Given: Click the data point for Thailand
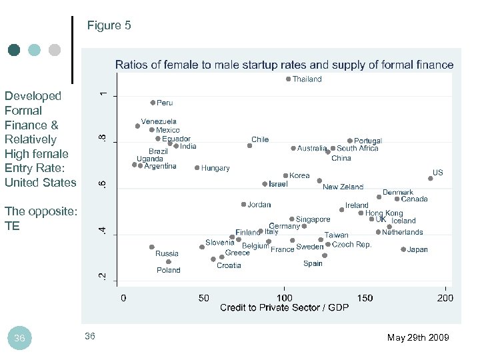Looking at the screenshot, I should click(288, 79).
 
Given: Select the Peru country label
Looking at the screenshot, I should click(165, 103).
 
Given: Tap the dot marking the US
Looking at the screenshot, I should click(431, 179).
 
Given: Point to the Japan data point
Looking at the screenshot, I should click(403, 249).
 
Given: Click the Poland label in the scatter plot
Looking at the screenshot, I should click(168, 270).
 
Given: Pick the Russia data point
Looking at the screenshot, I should click(152, 247).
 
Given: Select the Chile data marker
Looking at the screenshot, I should click(250, 145).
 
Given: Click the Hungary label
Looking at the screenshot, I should click(215, 169).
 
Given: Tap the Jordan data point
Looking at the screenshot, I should click(244, 205).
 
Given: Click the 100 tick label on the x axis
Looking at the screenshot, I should click(285, 298).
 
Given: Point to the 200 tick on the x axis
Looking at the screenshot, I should click(445, 298).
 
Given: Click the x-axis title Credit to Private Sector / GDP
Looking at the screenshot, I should click(284, 307).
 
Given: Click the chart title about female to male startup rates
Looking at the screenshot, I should click(284, 65).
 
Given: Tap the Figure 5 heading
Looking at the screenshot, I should click(109, 26).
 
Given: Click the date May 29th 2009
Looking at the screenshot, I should click(418, 338).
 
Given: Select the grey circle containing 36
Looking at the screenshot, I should click(19, 338).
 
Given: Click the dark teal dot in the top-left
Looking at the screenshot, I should click(13, 50).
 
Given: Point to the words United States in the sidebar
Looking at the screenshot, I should click(40, 183).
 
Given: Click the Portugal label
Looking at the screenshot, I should click(368, 141).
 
